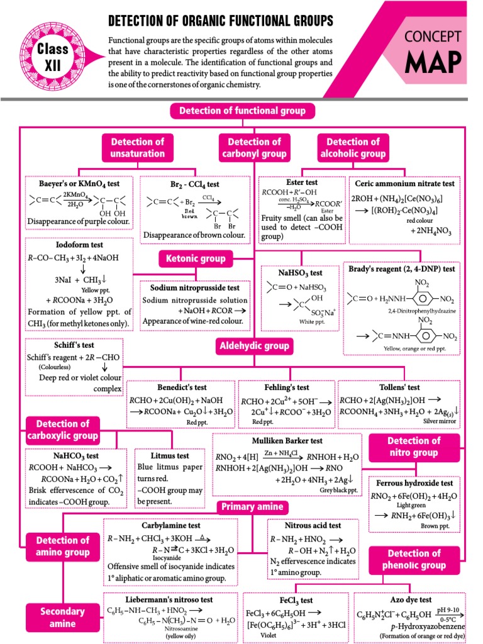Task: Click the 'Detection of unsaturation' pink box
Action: pyautogui.click(x=138, y=148)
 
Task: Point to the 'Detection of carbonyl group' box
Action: pyautogui.click(x=255, y=148)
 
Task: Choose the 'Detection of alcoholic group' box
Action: pyautogui.click(x=353, y=148)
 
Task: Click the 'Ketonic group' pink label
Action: pyautogui.click(x=196, y=258)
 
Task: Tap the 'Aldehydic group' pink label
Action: pyautogui.click(x=254, y=345)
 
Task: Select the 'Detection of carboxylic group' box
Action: pyautogui.click(x=62, y=430)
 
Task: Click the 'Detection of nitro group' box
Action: pyautogui.click(x=413, y=447)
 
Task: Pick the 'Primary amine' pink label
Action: pyautogui.click(x=252, y=507)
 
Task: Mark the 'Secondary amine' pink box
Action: pyautogui.click(x=62, y=617)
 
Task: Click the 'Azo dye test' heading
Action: pyautogui.click(x=411, y=600)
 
